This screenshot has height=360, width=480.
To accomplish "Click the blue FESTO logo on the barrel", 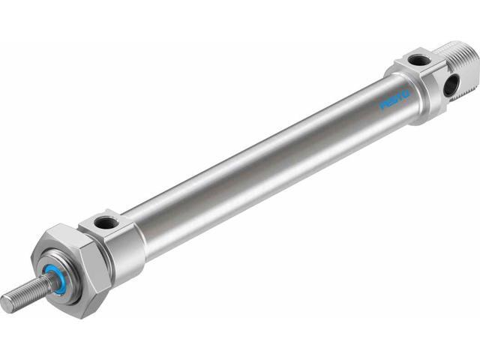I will click(x=394, y=100).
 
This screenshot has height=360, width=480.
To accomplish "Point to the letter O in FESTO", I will click(x=405, y=94).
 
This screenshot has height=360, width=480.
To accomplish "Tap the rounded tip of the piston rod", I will click(x=7, y=304).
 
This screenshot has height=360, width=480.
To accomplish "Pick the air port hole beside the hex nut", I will click(x=104, y=222).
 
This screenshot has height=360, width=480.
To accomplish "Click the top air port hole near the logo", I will click(x=418, y=59).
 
